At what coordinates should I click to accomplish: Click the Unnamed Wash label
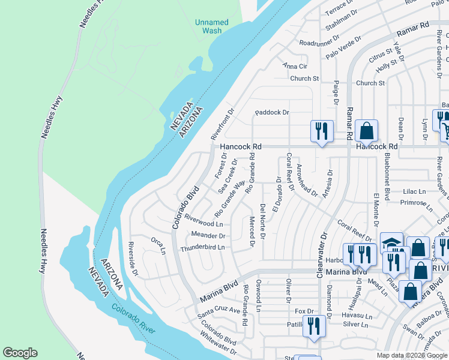[x=211, y=26]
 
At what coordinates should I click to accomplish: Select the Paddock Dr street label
[x=272, y=112]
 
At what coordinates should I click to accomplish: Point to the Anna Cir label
[x=295, y=66]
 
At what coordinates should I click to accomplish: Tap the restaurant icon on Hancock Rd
[x=321, y=130]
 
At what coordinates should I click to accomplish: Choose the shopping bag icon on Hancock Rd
[x=366, y=130]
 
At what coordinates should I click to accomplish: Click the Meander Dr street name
[x=208, y=235]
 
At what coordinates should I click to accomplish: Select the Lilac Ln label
[x=414, y=191]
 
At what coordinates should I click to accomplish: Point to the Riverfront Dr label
[x=224, y=123]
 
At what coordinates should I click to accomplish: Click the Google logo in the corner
[x=20, y=352]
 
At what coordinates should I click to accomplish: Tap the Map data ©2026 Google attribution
[x=411, y=355]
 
